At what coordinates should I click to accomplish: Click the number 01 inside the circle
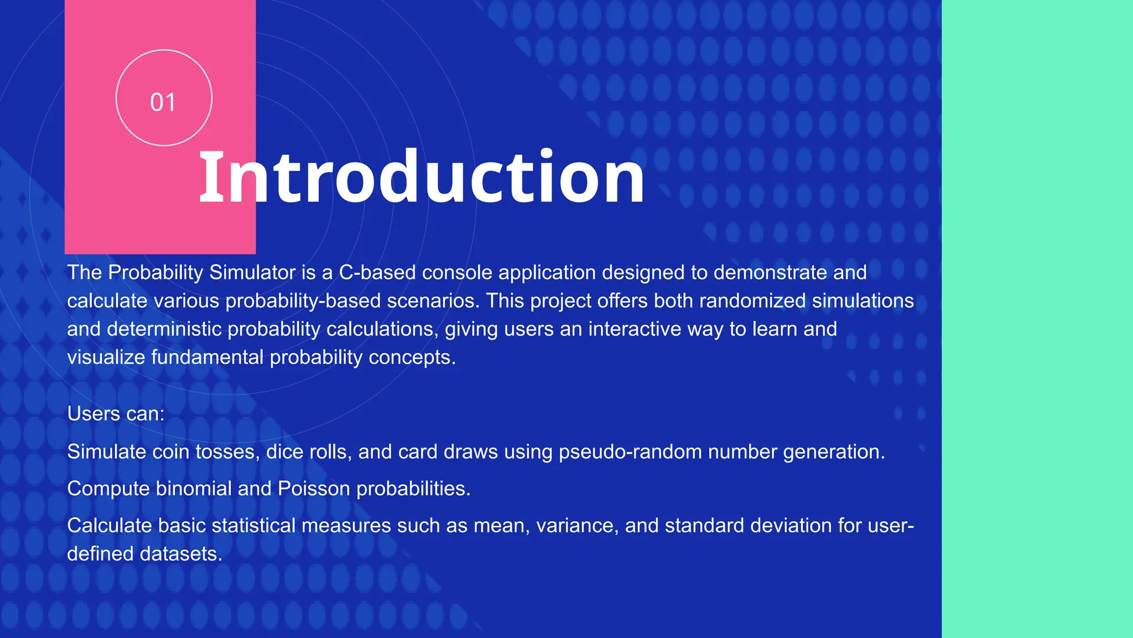coord(163,102)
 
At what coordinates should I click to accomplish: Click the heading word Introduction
coord(422,177)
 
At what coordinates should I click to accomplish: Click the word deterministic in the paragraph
coord(164,329)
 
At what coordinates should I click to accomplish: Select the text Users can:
coord(116,414)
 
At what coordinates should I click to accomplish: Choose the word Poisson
coord(314,488)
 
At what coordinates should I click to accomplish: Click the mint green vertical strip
coord(1037,319)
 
